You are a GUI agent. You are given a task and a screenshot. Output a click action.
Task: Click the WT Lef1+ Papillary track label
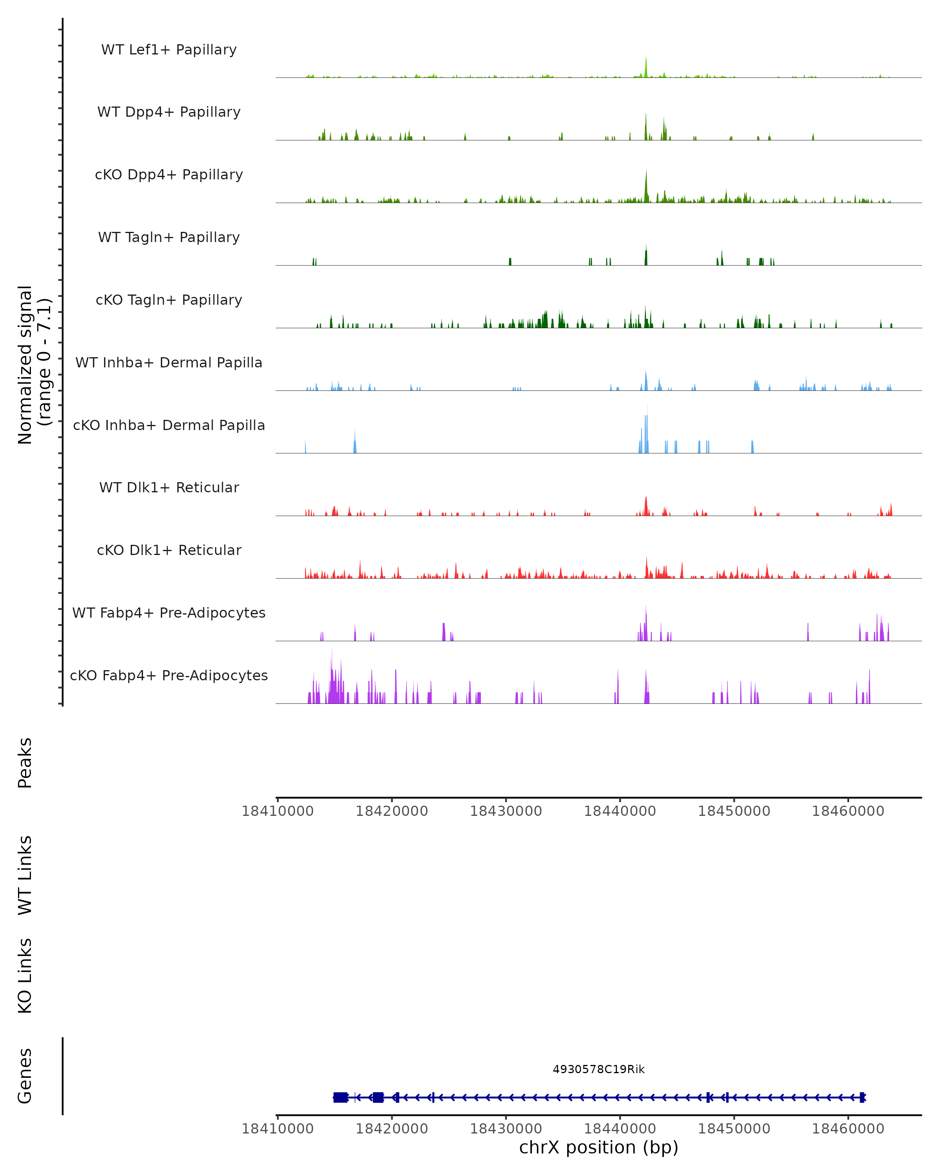169,50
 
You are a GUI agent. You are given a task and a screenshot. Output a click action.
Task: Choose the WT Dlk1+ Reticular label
169,487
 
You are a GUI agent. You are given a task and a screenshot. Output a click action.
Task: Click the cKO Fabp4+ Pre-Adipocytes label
169,675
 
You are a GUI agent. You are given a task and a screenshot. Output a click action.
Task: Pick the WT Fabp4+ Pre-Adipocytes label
169,613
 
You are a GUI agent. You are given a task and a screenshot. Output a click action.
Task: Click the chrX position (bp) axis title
598,1147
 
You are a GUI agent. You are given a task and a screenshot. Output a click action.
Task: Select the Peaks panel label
25,763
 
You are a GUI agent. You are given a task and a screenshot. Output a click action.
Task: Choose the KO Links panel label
25,976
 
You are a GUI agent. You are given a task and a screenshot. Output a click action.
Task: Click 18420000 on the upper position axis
391,811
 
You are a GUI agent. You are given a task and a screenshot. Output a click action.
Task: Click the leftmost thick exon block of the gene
341,1097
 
